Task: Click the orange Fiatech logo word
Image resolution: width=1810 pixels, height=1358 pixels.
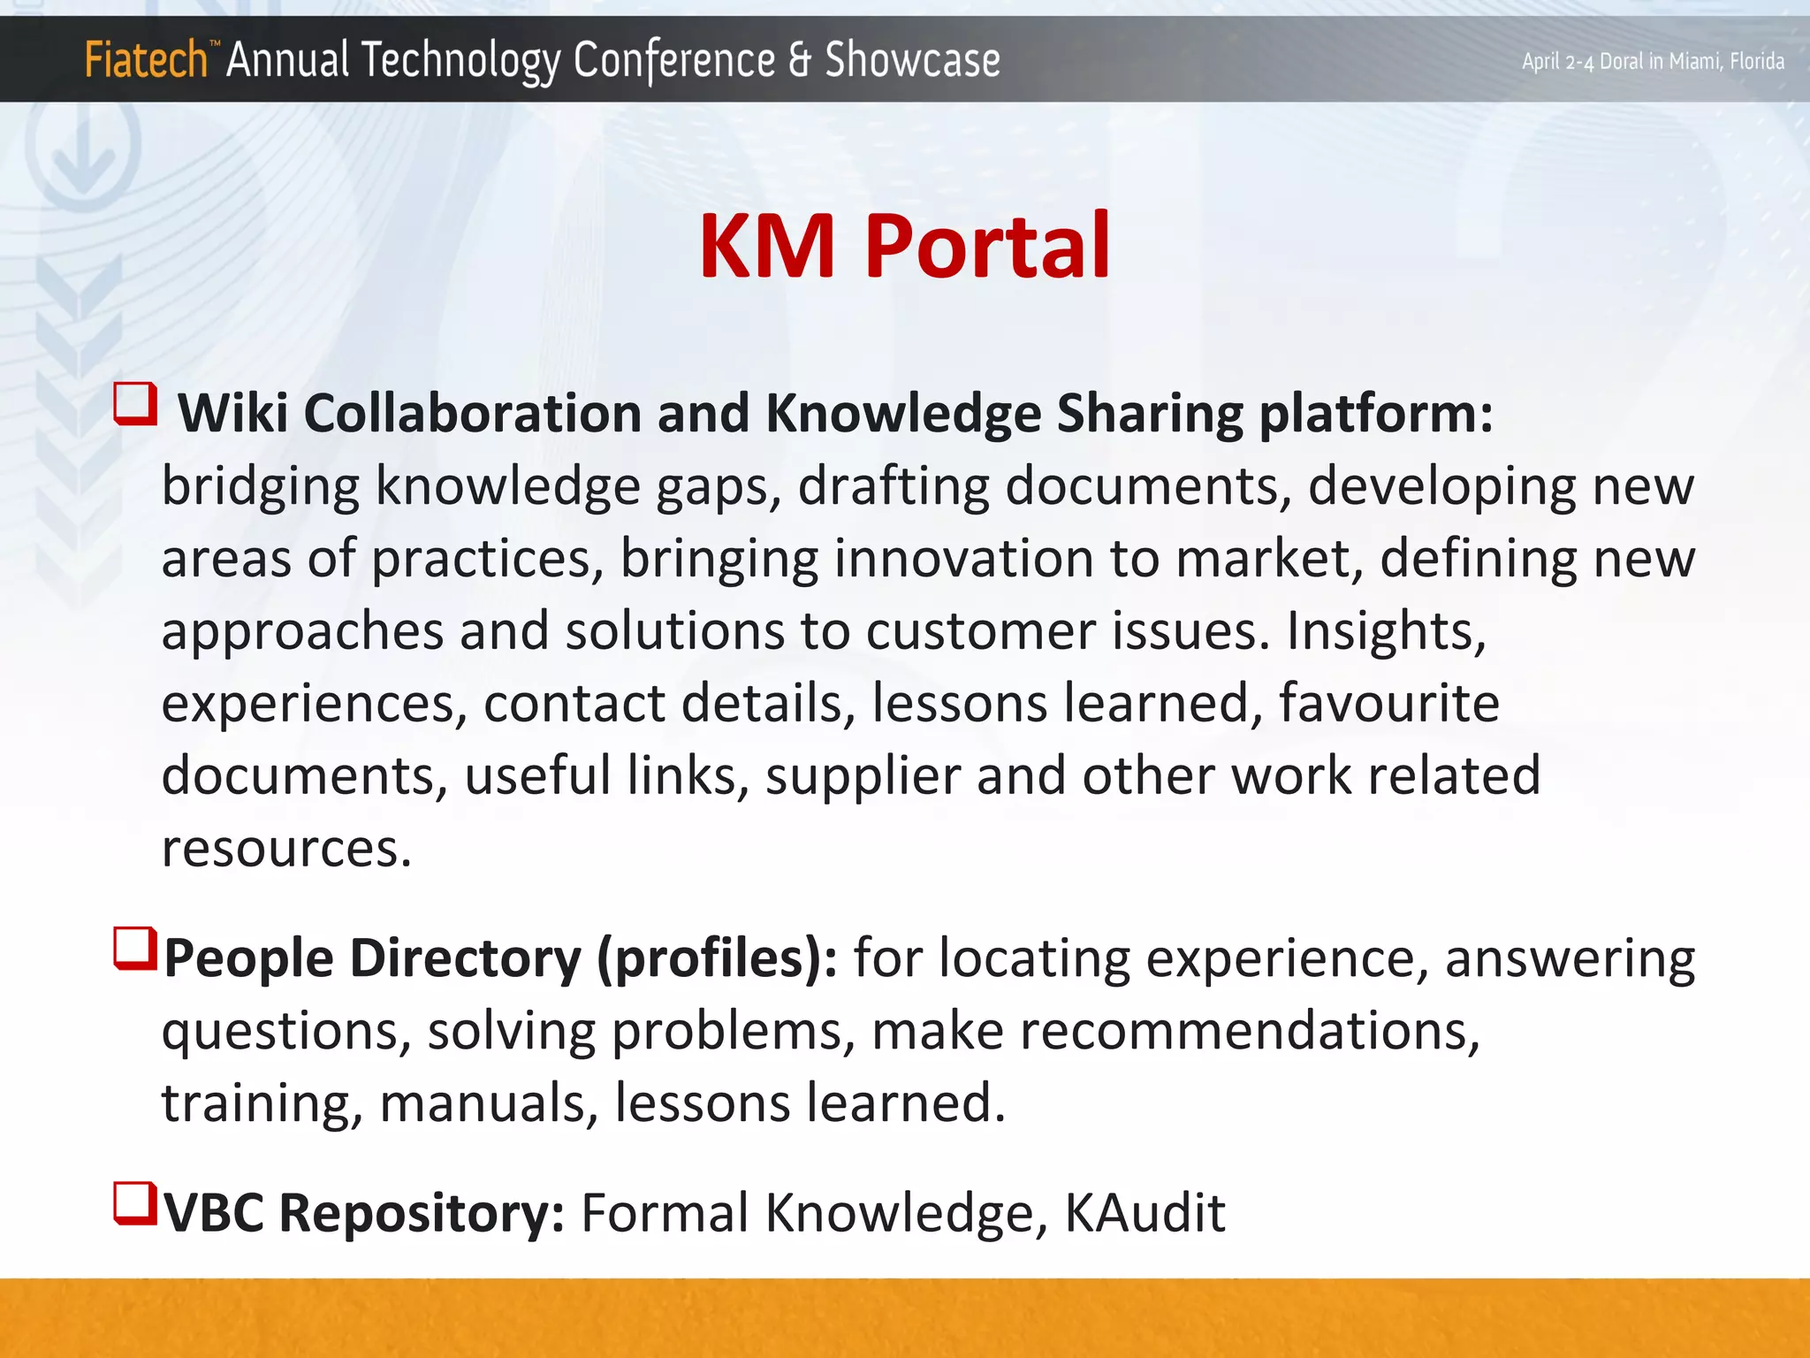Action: coord(146,60)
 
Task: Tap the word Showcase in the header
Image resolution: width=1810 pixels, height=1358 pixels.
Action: coord(912,60)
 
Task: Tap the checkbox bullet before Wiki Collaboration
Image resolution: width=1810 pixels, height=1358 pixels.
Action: coord(136,405)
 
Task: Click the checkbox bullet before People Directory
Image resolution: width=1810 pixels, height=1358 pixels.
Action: coord(136,949)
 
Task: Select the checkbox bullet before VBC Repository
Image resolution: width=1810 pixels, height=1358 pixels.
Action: coord(136,1204)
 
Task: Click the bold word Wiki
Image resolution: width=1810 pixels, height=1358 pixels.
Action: coord(233,413)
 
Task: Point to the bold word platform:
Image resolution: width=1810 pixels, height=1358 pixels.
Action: coord(1375,415)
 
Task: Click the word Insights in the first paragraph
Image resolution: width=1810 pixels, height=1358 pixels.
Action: coord(1386,631)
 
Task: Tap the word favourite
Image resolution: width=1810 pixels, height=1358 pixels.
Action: coord(1388,704)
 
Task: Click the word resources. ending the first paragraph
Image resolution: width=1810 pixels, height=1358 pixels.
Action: coord(286,849)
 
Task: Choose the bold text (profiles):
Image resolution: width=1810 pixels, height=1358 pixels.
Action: coord(717,959)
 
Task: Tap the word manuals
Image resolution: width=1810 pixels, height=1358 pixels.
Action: coord(489,1104)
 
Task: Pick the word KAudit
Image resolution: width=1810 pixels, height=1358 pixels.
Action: coord(1145,1213)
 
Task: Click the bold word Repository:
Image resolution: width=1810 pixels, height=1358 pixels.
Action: coord(422,1213)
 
